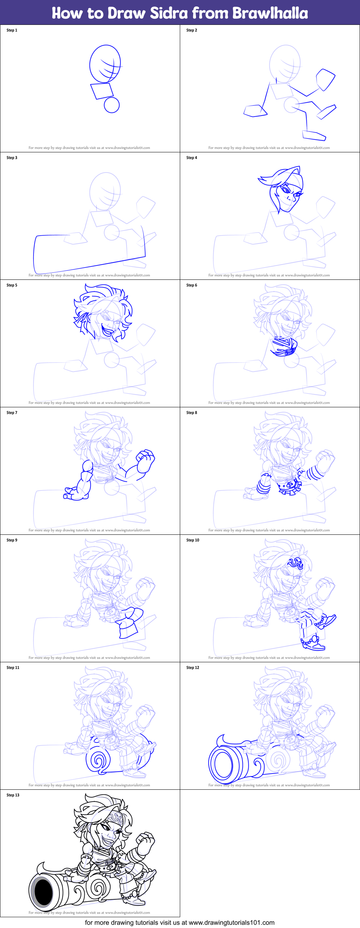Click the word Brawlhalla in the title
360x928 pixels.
270,13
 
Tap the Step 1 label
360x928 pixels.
12,30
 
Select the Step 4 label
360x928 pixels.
191,158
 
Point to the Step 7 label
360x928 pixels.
12,412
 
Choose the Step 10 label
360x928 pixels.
192,540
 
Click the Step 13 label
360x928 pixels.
13,795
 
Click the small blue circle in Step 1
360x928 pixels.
112,105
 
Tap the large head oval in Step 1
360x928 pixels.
105,64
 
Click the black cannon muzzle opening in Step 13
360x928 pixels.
44,892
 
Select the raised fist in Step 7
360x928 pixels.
146,461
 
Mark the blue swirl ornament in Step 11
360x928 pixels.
97,760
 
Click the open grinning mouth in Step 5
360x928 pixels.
107,331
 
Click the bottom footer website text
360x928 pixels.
179,923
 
